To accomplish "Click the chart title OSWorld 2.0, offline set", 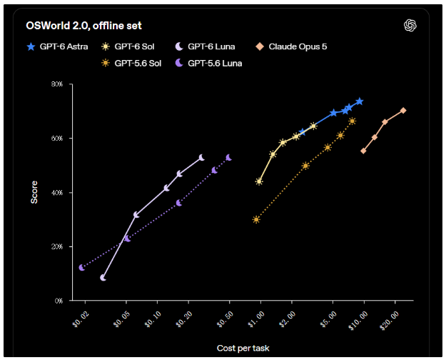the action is pos(83,26).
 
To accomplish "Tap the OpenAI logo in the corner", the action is pos(410,25).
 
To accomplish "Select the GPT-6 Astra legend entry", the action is pos(57,46).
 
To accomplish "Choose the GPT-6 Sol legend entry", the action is pos(128,46).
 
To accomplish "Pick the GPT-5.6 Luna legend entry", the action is pos(208,63).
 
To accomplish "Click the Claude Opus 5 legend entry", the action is pos(291,46).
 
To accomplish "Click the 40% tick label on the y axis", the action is pos(57,193).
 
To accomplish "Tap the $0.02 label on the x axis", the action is pos(81,319).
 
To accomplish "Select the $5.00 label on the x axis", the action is pos(328,319).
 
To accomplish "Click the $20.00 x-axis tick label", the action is pos(390,321).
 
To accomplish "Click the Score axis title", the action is pos(34,192).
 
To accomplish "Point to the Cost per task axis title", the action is pos(243,348).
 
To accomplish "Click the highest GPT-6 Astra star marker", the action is pos(360,101).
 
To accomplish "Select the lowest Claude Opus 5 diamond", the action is pos(363,151).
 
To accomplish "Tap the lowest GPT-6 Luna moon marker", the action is pos(103,278).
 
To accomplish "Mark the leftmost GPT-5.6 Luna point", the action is pos(82,267).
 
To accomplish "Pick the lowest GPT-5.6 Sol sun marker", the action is pos(256,219).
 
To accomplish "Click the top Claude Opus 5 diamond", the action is pos(403,111).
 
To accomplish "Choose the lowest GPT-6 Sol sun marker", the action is pos(259,181).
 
